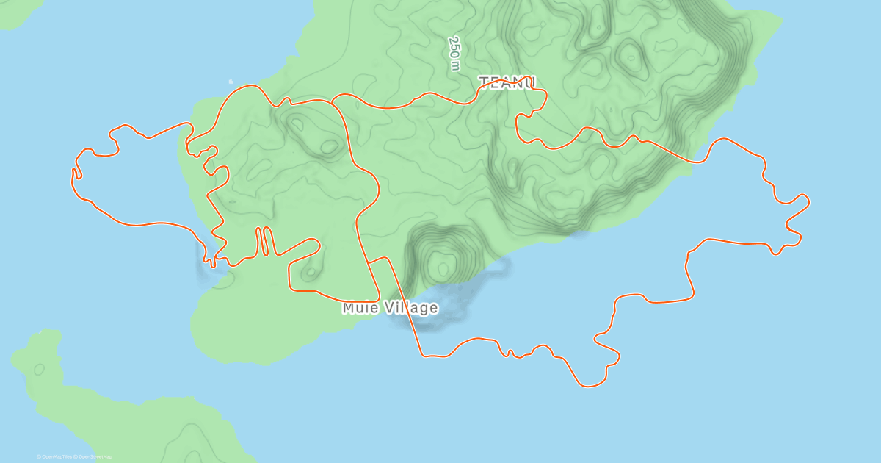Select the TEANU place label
pyautogui.click(x=507, y=82)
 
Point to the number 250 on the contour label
pyautogui.click(x=454, y=46)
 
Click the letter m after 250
pyautogui.click(x=456, y=66)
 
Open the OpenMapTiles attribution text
pyautogui.click(x=54, y=456)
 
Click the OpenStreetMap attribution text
pyautogui.click(x=93, y=456)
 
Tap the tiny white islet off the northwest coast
pyautogui.click(x=231, y=81)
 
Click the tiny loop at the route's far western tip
pyautogui.click(x=76, y=173)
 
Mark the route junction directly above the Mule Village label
pyautogui.click(x=369, y=261)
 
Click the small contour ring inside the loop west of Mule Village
pyautogui.click(x=311, y=273)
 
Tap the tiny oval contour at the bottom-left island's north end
pyautogui.click(x=38, y=368)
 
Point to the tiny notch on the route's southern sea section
pyautogui.click(x=510, y=353)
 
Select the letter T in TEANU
pyautogui.click(x=485, y=82)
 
